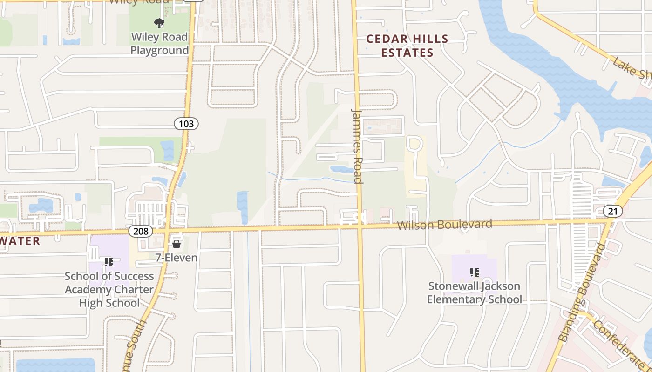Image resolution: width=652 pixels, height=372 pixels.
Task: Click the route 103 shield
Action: click(x=186, y=124)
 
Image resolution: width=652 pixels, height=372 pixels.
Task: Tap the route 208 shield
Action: click(x=140, y=231)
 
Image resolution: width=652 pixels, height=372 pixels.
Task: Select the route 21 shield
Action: click(x=612, y=212)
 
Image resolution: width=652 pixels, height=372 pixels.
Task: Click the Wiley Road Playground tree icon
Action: click(x=159, y=23)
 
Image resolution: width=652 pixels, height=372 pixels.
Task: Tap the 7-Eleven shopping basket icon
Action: click(x=177, y=244)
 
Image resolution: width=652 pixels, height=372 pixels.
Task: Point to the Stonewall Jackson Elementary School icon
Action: click(x=475, y=272)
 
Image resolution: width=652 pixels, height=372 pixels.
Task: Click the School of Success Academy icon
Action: click(x=109, y=262)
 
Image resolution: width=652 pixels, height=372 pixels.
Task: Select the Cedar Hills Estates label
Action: click(x=407, y=46)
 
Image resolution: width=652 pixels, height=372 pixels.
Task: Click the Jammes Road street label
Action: click(x=357, y=146)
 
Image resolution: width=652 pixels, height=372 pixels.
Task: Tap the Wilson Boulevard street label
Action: click(x=445, y=225)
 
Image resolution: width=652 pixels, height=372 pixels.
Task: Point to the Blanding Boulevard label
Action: click(x=583, y=293)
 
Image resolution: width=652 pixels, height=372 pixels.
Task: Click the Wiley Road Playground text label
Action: click(x=159, y=43)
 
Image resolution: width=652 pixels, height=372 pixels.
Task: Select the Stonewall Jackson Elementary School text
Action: click(x=474, y=292)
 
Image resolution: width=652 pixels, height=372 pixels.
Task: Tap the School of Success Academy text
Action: click(x=109, y=289)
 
